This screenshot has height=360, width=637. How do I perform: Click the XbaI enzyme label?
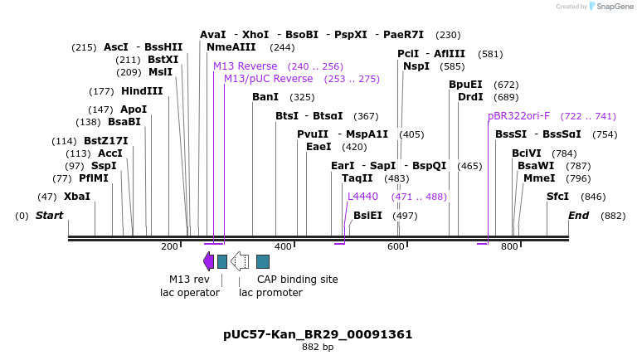tap(77, 197)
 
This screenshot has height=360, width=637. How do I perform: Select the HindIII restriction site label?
tap(142, 91)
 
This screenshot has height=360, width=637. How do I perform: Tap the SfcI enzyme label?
tap(557, 197)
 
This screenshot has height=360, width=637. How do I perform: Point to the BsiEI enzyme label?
tap(367, 216)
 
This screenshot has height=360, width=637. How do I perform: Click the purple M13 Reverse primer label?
tap(245, 66)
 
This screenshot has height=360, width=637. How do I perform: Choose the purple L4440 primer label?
tap(362, 197)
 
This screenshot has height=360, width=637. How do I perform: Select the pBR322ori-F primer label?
tap(518, 116)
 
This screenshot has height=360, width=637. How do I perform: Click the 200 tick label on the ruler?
tap(169, 246)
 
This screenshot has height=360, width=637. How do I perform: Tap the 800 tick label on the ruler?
tap(509, 246)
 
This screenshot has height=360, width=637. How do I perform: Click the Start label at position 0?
tap(49, 216)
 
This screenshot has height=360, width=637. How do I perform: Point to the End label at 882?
tap(578, 216)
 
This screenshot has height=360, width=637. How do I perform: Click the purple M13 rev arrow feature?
tap(208, 261)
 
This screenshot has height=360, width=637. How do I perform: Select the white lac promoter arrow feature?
tap(240, 261)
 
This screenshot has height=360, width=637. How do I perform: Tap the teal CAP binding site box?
tap(262, 261)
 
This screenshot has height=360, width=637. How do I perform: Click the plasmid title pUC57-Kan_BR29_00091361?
tap(318, 334)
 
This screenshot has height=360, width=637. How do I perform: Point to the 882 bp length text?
tap(318, 347)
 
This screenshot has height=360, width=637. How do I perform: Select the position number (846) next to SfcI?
tap(593, 197)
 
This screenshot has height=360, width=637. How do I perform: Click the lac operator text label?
tap(189, 292)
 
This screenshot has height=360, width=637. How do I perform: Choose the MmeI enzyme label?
tap(539, 178)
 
